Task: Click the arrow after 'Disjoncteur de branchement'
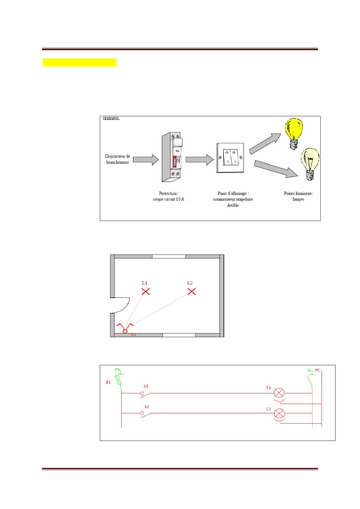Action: [x=146, y=159]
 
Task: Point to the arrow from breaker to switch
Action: [x=200, y=159]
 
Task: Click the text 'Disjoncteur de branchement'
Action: [x=117, y=159]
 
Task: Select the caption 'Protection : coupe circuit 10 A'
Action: [x=168, y=196]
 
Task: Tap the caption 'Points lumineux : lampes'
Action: [x=298, y=196]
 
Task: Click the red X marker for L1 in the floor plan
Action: [x=146, y=291]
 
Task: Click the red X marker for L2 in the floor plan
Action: [x=191, y=291]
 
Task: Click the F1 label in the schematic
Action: [x=108, y=382]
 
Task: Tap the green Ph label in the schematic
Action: [x=118, y=370]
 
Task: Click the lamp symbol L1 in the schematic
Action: [x=279, y=393]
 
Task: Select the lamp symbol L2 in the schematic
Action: [x=279, y=413]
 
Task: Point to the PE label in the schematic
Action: [x=317, y=370]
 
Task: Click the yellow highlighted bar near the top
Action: [x=80, y=62]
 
